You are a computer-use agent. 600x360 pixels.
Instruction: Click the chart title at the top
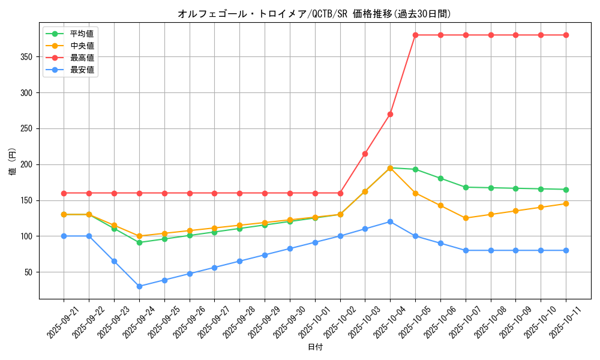click(x=314, y=14)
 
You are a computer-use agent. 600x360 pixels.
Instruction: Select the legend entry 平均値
click(x=82, y=34)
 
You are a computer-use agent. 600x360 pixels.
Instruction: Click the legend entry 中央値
click(x=82, y=46)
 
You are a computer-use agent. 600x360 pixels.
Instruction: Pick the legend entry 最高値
click(x=82, y=58)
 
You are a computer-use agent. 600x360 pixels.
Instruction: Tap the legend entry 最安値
click(x=82, y=70)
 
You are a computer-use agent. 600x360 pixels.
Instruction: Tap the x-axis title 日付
click(x=315, y=347)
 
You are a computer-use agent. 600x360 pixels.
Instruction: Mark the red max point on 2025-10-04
click(x=390, y=114)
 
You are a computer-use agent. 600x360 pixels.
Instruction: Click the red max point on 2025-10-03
click(x=365, y=154)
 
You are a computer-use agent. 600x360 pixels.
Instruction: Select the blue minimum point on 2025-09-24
click(x=139, y=286)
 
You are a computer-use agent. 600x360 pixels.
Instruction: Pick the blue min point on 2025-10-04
click(x=390, y=221)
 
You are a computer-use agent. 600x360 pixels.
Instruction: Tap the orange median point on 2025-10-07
click(x=466, y=218)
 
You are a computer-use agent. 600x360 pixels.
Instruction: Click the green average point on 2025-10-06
click(x=440, y=178)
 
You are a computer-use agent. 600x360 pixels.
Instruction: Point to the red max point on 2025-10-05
click(x=415, y=35)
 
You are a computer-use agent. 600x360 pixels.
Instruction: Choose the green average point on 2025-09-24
click(x=139, y=242)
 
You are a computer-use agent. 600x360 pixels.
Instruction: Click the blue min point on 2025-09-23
click(x=114, y=261)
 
